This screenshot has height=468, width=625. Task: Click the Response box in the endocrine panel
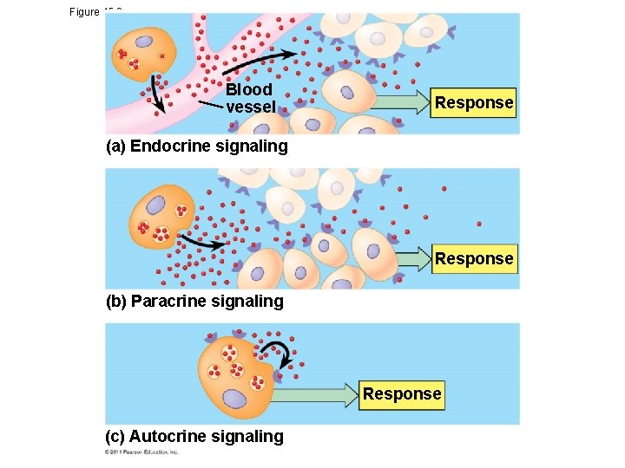[x=474, y=102]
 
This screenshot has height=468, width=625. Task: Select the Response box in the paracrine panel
[x=474, y=258]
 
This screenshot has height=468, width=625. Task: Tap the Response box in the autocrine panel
[x=402, y=393]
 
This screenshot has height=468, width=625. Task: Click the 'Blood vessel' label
[x=249, y=98]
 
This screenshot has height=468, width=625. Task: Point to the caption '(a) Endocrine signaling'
[x=196, y=146]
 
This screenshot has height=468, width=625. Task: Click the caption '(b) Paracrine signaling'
[x=194, y=301]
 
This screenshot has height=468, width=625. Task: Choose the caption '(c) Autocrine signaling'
[x=194, y=436]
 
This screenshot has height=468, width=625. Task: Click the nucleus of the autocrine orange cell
[x=234, y=398]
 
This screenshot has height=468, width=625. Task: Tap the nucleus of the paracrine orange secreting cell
[x=155, y=205]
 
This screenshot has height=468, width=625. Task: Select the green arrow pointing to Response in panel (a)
[x=399, y=102]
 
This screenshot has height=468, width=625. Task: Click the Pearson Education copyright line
[x=141, y=452]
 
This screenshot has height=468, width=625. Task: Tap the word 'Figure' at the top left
[x=84, y=12]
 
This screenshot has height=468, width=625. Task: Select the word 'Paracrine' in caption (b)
[x=168, y=301]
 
